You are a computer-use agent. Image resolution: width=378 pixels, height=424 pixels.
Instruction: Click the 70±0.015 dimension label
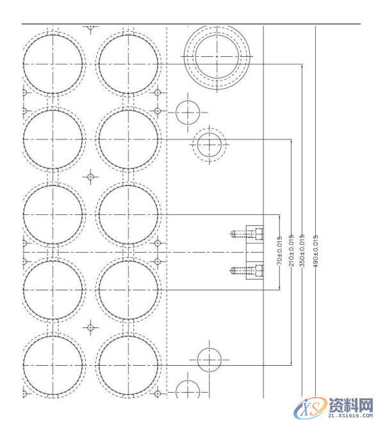279,252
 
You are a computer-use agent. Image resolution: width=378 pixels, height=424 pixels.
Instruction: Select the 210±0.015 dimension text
292,252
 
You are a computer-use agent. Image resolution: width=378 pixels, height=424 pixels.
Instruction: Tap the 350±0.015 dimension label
303,252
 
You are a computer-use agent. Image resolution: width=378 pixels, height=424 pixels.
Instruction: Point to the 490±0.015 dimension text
315,252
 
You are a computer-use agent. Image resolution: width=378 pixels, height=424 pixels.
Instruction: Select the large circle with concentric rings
217,56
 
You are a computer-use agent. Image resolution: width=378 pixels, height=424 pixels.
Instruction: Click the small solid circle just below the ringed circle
187,113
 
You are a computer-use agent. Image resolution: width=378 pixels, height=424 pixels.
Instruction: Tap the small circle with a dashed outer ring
209,146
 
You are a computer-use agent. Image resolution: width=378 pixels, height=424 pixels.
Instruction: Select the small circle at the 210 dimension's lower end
209,360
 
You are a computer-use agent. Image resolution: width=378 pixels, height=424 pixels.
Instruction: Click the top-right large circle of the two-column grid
128,64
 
